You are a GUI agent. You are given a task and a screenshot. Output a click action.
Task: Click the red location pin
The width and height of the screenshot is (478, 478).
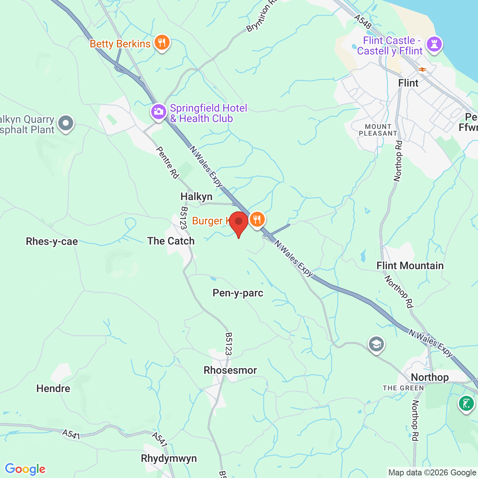tap(239, 223)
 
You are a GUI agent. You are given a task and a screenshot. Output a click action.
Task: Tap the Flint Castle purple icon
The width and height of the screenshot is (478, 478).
tap(434, 44)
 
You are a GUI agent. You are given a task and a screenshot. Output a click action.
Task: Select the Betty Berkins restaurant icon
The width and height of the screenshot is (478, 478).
tap(162, 42)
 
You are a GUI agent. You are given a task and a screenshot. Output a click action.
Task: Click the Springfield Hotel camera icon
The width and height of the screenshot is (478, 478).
tap(158, 111)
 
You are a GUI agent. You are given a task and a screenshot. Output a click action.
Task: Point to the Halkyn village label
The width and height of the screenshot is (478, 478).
tap(196, 196)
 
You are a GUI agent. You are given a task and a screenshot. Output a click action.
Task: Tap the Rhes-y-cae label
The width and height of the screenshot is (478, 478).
tap(52, 242)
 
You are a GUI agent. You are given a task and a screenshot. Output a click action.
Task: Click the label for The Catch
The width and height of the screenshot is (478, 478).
tap(171, 241)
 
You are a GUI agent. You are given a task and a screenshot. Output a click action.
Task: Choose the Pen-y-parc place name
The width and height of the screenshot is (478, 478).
tap(238, 293)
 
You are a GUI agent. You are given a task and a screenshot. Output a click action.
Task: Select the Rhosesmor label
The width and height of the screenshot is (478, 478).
tap(230, 370)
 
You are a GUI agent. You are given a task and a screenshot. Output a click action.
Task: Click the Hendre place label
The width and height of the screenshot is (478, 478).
tap(53, 388)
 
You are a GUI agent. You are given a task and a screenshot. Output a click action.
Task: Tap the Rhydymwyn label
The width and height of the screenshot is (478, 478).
tap(169, 458)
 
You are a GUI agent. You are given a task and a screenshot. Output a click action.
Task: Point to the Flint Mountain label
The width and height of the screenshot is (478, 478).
tap(410, 266)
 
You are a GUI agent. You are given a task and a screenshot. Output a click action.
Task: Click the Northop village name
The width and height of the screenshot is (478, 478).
tap(430, 377)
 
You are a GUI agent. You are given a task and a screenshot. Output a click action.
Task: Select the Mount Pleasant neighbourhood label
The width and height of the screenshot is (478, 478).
tap(378, 130)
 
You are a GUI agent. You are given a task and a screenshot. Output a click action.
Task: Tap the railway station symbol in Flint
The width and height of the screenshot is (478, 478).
tap(422, 69)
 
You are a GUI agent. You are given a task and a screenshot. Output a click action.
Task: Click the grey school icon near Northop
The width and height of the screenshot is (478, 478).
tap(376, 344)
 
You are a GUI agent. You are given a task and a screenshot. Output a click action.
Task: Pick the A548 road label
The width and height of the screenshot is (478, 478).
tap(363, 22)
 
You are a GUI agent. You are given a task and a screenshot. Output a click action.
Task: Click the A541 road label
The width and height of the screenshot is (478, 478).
tap(71, 434)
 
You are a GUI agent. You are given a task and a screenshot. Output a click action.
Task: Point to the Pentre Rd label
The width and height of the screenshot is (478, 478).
tap(168, 162)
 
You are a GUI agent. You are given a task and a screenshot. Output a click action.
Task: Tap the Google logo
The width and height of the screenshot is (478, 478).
tap(25, 469)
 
